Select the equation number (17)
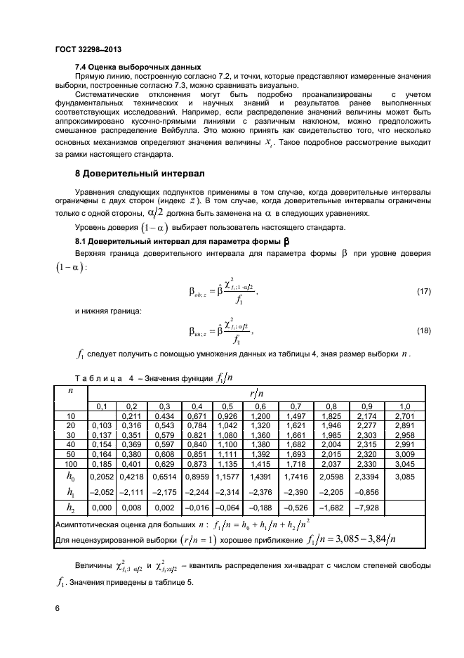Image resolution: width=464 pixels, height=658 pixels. pyautogui.click(x=423, y=290)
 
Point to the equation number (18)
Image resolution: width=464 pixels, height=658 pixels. pyautogui.click(x=423, y=330)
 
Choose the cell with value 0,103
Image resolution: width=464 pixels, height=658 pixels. pyautogui.click(x=102, y=426)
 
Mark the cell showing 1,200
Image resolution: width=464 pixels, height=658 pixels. pyautogui.click(x=260, y=416)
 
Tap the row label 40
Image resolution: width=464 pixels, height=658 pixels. pyautogui.click(x=70, y=446)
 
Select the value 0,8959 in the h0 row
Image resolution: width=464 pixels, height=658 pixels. pyautogui.click(x=197, y=479)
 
